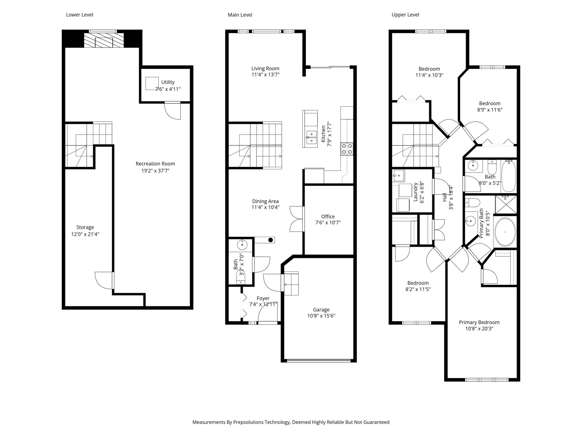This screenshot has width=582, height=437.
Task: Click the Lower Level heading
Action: pos(80,15)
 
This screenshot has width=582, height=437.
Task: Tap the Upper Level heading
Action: pos(405,15)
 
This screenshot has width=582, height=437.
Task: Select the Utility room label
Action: pos(168,82)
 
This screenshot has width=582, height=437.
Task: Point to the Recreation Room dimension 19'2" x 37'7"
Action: pos(155,171)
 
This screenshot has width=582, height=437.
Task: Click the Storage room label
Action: pos(85,227)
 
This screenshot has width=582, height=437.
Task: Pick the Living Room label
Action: pos(265,69)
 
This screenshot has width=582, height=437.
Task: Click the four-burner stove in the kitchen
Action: pos(347,149)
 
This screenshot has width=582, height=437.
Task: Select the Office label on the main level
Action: pos(328,216)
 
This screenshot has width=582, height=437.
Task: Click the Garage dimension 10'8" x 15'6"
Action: pos(321,316)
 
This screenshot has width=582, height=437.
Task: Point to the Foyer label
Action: pos(263,298)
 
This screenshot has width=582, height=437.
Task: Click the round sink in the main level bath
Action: pos(242,245)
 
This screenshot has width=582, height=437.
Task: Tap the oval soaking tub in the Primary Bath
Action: pos(505,232)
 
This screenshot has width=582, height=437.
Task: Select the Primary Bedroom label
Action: pos(479,323)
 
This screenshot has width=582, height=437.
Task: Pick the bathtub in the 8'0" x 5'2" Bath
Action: pos(509,176)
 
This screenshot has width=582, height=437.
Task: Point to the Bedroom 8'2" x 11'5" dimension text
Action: pos(418,289)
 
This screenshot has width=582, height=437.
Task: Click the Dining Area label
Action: pos(265,201)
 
